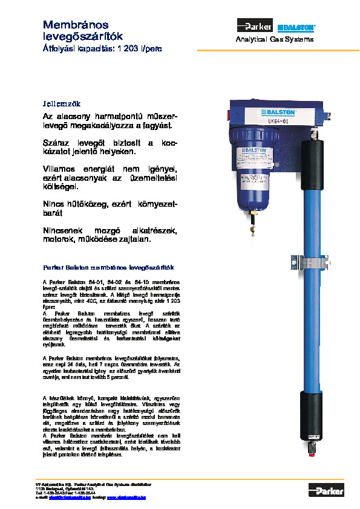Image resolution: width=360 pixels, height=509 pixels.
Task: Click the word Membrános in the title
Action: [x=76, y=25]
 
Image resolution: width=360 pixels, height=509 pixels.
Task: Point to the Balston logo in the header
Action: [x=296, y=27]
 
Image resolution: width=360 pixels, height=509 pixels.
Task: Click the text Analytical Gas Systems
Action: [x=275, y=39]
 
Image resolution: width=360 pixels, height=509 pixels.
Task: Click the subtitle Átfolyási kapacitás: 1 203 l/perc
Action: [x=102, y=48]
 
